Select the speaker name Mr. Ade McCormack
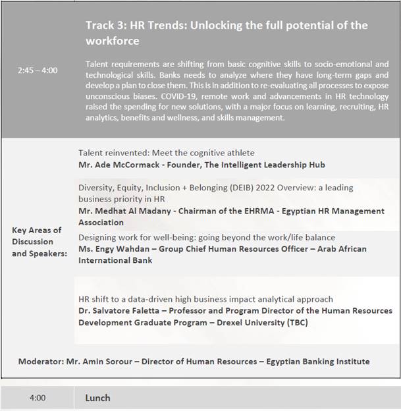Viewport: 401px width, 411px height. [x=122, y=165]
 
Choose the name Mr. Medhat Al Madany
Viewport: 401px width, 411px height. [x=128, y=211]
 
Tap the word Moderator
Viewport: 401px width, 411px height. [x=41, y=362]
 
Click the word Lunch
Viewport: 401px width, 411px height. [x=97, y=398]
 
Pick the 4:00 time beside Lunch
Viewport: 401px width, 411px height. [x=38, y=398]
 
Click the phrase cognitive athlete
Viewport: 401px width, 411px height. [x=221, y=153]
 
